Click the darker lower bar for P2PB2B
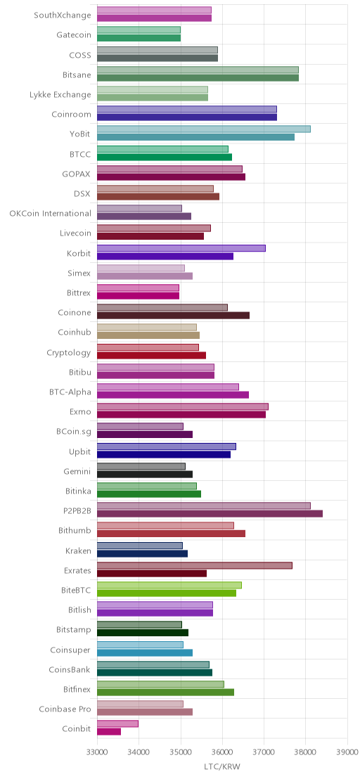[x=210, y=514]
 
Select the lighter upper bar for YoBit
[x=204, y=129]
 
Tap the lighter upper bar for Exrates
[x=195, y=565]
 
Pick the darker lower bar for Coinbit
[x=109, y=732]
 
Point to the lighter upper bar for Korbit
[x=181, y=248]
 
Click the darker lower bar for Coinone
[x=173, y=316]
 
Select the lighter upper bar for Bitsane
[x=198, y=70]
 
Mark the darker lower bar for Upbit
[x=164, y=454]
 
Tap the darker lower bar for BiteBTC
[x=167, y=593]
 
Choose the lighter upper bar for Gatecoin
[x=139, y=30]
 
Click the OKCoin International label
[x=50, y=214]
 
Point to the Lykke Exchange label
[x=60, y=94]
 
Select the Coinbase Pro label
[x=65, y=709]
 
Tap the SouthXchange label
[x=63, y=15]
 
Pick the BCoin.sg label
[x=74, y=432]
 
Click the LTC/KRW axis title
[x=222, y=767]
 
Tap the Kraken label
[x=79, y=551]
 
